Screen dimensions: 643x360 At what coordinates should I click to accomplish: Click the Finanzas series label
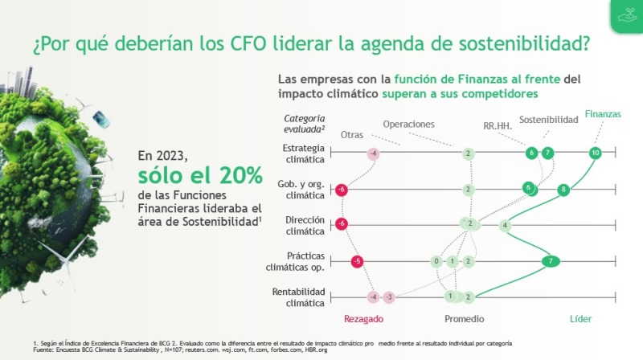[x=603, y=114]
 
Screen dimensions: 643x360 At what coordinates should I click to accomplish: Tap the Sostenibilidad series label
[x=549, y=120]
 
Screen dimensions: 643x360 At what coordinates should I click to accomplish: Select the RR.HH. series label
[x=498, y=126]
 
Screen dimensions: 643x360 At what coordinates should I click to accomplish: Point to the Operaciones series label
[x=408, y=125]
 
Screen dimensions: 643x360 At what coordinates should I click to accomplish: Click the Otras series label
[x=352, y=135]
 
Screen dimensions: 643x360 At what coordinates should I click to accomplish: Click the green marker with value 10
[x=595, y=153]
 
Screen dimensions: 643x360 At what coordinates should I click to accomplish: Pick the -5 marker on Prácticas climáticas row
[x=357, y=261]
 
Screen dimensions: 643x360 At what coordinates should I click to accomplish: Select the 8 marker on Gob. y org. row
[x=563, y=190]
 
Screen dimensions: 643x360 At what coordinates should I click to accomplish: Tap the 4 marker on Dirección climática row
[x=505, y=225]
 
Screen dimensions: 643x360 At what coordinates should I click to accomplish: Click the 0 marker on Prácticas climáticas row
[x=436, y=261]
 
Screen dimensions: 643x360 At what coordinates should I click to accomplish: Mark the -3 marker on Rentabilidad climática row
[x=389, y=297]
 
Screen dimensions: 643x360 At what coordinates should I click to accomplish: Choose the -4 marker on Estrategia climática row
[x=373, y=153]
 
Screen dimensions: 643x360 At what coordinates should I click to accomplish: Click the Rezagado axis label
[x=364, y=319]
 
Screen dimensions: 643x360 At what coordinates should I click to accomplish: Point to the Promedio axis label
[x=465, y=319]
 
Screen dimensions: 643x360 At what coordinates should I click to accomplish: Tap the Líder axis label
[x=580, y=319]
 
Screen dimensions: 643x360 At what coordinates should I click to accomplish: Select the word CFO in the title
[x=248, y=44]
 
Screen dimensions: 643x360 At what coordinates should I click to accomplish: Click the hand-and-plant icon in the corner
[x=627, y=15]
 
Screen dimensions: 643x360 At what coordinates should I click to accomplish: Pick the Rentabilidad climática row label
[x=298, y=297]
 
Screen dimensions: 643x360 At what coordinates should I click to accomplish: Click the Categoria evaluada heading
[x=305, y=124]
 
